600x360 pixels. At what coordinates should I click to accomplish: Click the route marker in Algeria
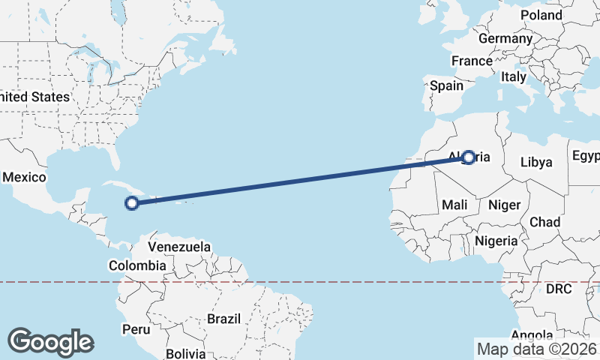(469, 157)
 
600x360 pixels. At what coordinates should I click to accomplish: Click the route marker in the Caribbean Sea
(132, 202)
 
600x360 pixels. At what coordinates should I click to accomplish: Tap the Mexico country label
(25, 178)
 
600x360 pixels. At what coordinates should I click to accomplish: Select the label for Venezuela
(179, 247)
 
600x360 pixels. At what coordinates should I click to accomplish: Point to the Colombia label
(137, 265)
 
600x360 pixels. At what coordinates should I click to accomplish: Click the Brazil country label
(224, 319)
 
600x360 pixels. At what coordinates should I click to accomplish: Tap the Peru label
(136, 329)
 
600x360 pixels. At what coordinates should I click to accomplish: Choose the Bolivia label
(185, 352)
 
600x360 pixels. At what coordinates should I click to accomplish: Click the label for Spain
(446, 85)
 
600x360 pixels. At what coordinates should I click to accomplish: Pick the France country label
(472, 61)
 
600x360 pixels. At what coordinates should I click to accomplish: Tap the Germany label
(505, 38)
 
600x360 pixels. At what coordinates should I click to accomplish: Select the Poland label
(541, 15)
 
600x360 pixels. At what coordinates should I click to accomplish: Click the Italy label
(514, 76)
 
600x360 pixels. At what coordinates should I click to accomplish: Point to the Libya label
(536, 162)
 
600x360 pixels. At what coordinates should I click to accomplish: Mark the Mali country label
(455, 205)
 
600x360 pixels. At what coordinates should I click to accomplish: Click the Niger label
(504, 205)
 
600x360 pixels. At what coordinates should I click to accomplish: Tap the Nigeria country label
(496, 241)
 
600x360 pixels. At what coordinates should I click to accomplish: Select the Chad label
(544, 222)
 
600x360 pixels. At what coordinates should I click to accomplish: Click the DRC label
(559, 289)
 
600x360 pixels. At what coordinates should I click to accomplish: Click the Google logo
(50, 342)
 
